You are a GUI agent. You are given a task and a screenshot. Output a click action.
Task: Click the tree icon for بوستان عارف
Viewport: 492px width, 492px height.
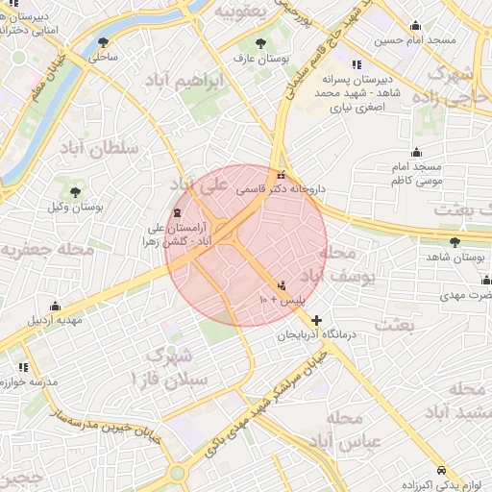[x=262, y=42]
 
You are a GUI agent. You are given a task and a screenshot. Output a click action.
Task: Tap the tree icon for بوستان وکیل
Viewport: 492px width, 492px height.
[x=75, y=192]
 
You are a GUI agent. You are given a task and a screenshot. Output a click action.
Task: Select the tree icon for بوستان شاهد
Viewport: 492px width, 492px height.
[x=455, y=242]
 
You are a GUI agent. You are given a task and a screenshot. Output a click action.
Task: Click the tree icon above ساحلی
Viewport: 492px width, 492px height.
[x=103, y=42]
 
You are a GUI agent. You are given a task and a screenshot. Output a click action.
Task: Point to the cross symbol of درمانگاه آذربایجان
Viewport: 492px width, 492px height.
[x=317, y=320]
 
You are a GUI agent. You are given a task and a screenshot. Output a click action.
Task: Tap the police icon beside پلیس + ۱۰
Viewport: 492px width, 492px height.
[x=282, y=285]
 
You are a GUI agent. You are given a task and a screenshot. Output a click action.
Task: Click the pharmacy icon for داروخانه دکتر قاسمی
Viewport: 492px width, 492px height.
[x=281, y=176]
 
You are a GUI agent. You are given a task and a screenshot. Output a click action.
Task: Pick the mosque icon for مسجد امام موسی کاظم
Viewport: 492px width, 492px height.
[x=416, y=152]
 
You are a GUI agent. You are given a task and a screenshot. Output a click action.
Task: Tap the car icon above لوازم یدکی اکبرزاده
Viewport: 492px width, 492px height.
[x=440, y=470]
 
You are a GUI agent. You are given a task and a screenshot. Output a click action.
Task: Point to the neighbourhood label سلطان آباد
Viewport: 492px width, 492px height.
[x=106, y=148]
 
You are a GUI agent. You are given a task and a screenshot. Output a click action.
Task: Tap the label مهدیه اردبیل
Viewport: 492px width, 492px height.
[x=45, y=319]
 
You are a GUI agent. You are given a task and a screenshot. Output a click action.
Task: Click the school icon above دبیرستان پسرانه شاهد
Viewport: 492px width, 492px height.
[x=357, y=64]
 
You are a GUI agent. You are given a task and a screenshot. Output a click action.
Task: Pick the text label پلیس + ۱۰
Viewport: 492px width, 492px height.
[x=282, y=301]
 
